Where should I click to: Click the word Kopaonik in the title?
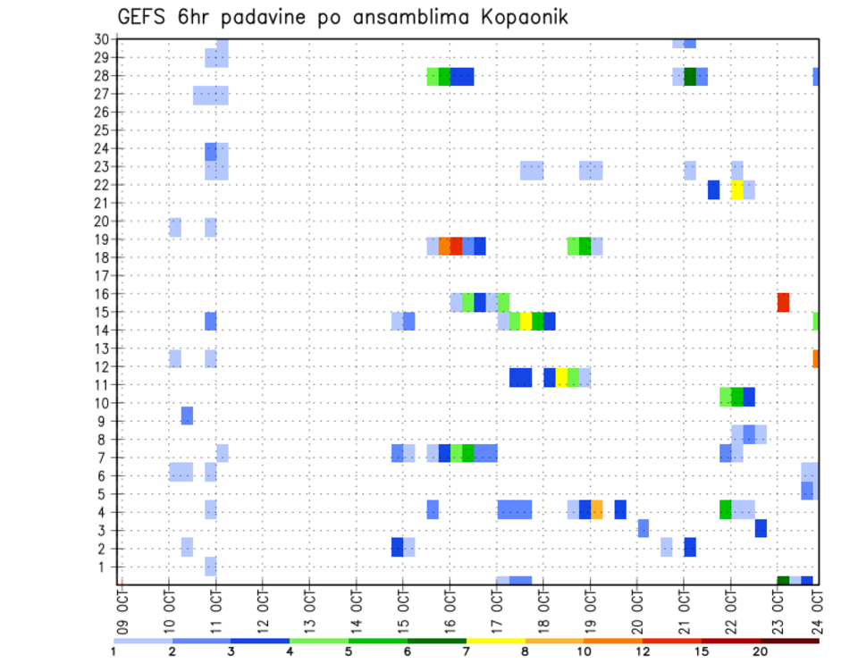pyautogui.click(x=515, y=17)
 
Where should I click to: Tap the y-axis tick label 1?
pyautogui.click(x=105, y=566)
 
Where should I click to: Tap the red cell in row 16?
pyautogui.click(x=783, y=302)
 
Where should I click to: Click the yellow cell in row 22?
pyautogui.click(x=736, y=189)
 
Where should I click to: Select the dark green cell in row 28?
pyautogui.click(x=690, y=76)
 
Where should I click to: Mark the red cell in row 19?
pyautogui.click(x=456, y=246)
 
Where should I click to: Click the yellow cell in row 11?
pyautogui.click(x=561, y=377)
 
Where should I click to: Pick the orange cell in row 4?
pyautogui.click(x=596, y=509)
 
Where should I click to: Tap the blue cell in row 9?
pyautogui.click(x=187, y=415)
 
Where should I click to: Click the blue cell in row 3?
pyautogui.click(x=761, y=528)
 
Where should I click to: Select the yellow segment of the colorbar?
pyautogui.click(x=495, y=641)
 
